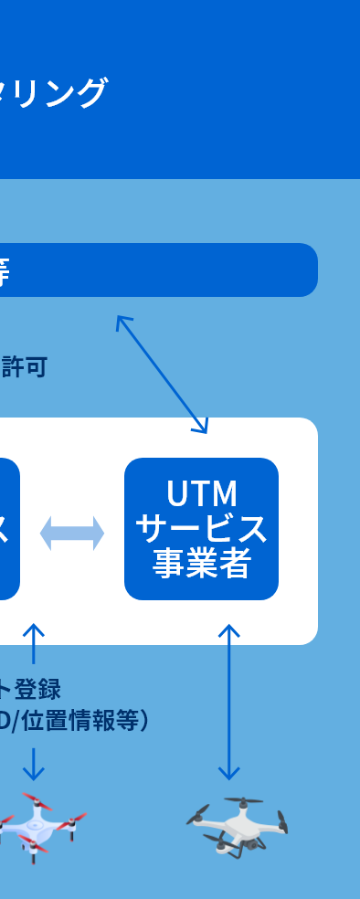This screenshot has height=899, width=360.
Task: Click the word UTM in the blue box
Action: (201, 494)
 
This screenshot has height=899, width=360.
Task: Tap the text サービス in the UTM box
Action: (201, 529)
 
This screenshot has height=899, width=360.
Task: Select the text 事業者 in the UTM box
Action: (201, 564)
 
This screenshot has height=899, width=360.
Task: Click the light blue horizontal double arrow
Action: (71, 534)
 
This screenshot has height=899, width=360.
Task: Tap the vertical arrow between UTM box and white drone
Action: (229, 702)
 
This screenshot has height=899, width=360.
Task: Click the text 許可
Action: (25, 367)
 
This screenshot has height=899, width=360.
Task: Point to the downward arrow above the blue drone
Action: (34, 764)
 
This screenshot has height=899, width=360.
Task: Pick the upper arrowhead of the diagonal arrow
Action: (121, 321)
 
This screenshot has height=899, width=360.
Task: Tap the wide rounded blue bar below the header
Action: (155, 270)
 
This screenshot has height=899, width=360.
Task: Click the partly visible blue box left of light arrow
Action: (8, 529)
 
